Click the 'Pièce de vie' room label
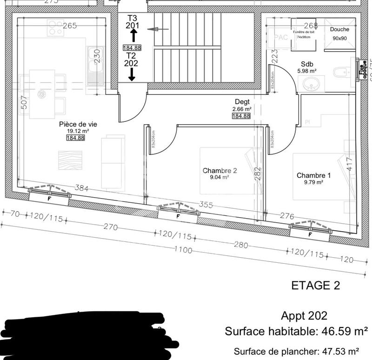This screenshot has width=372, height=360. (78, 124)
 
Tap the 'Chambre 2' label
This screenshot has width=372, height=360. (220, 171)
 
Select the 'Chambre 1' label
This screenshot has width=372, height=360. (314, 175)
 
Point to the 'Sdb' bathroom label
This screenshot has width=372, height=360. (307, 64)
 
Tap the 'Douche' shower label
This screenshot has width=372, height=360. (339, 29)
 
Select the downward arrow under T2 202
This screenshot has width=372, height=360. (132, 74)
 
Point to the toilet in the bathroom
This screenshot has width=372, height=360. (341, 73)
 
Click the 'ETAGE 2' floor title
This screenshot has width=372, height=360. (316, 285)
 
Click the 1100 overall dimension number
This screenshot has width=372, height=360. (183, 250)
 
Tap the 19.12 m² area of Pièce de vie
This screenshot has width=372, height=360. (78, 131)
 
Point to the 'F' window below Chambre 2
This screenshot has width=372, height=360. (178, 216)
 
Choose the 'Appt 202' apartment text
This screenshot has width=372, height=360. (304, 316)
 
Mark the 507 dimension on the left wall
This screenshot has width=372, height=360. (24, 103)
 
